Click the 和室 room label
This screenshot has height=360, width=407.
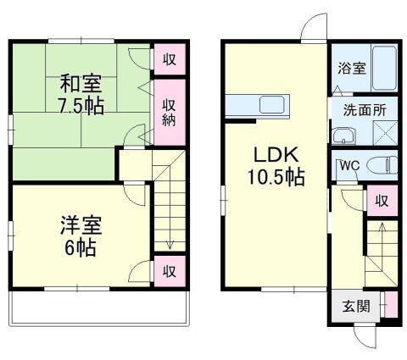click(81, 85)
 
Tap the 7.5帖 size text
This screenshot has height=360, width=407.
click(81, 108)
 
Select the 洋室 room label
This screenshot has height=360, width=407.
click(81, 226)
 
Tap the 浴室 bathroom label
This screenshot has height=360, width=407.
click(352, 68)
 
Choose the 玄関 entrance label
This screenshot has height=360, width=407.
click(356, 306)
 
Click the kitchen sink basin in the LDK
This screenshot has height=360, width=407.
click(272, 106)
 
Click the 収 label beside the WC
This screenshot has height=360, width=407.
click(382, 200)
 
